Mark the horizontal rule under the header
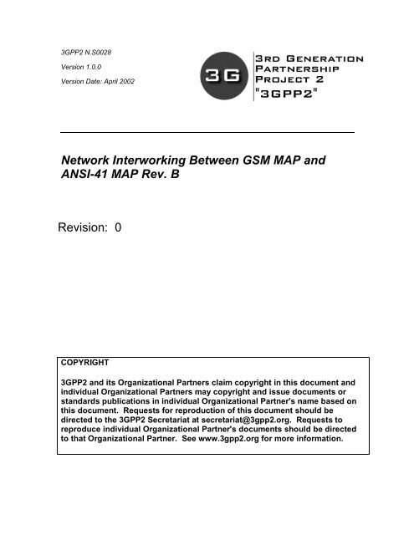pyautogui.click(x=207, y=133)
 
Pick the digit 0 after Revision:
pyautogui.click(x=118, y=227)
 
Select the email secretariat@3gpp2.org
pyautogui.click(x=261, y=420)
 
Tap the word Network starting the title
pyautogui.click(x=94, y=157)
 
